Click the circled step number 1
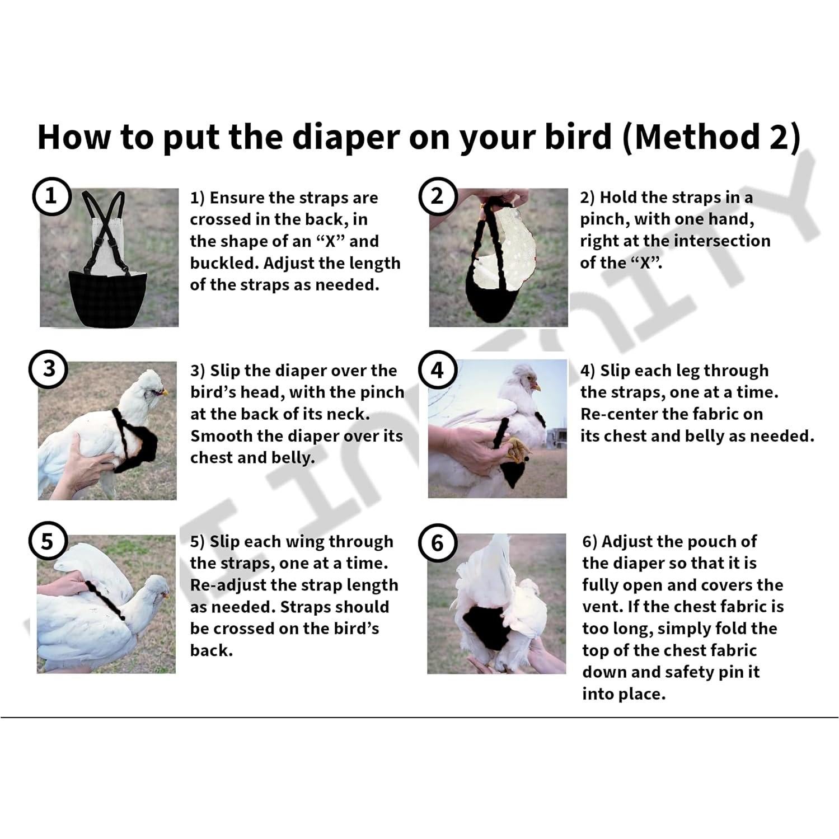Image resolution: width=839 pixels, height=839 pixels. (x=51, y=196)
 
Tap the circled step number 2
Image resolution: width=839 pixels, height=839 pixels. (x=437, y=196)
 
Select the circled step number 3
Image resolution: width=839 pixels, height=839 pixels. (x=49, y=369)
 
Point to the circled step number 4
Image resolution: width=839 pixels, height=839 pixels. (x=437, y=369)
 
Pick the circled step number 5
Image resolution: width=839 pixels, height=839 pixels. (x=48, y=541)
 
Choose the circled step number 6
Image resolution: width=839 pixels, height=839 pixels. (x=437, y=543)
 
